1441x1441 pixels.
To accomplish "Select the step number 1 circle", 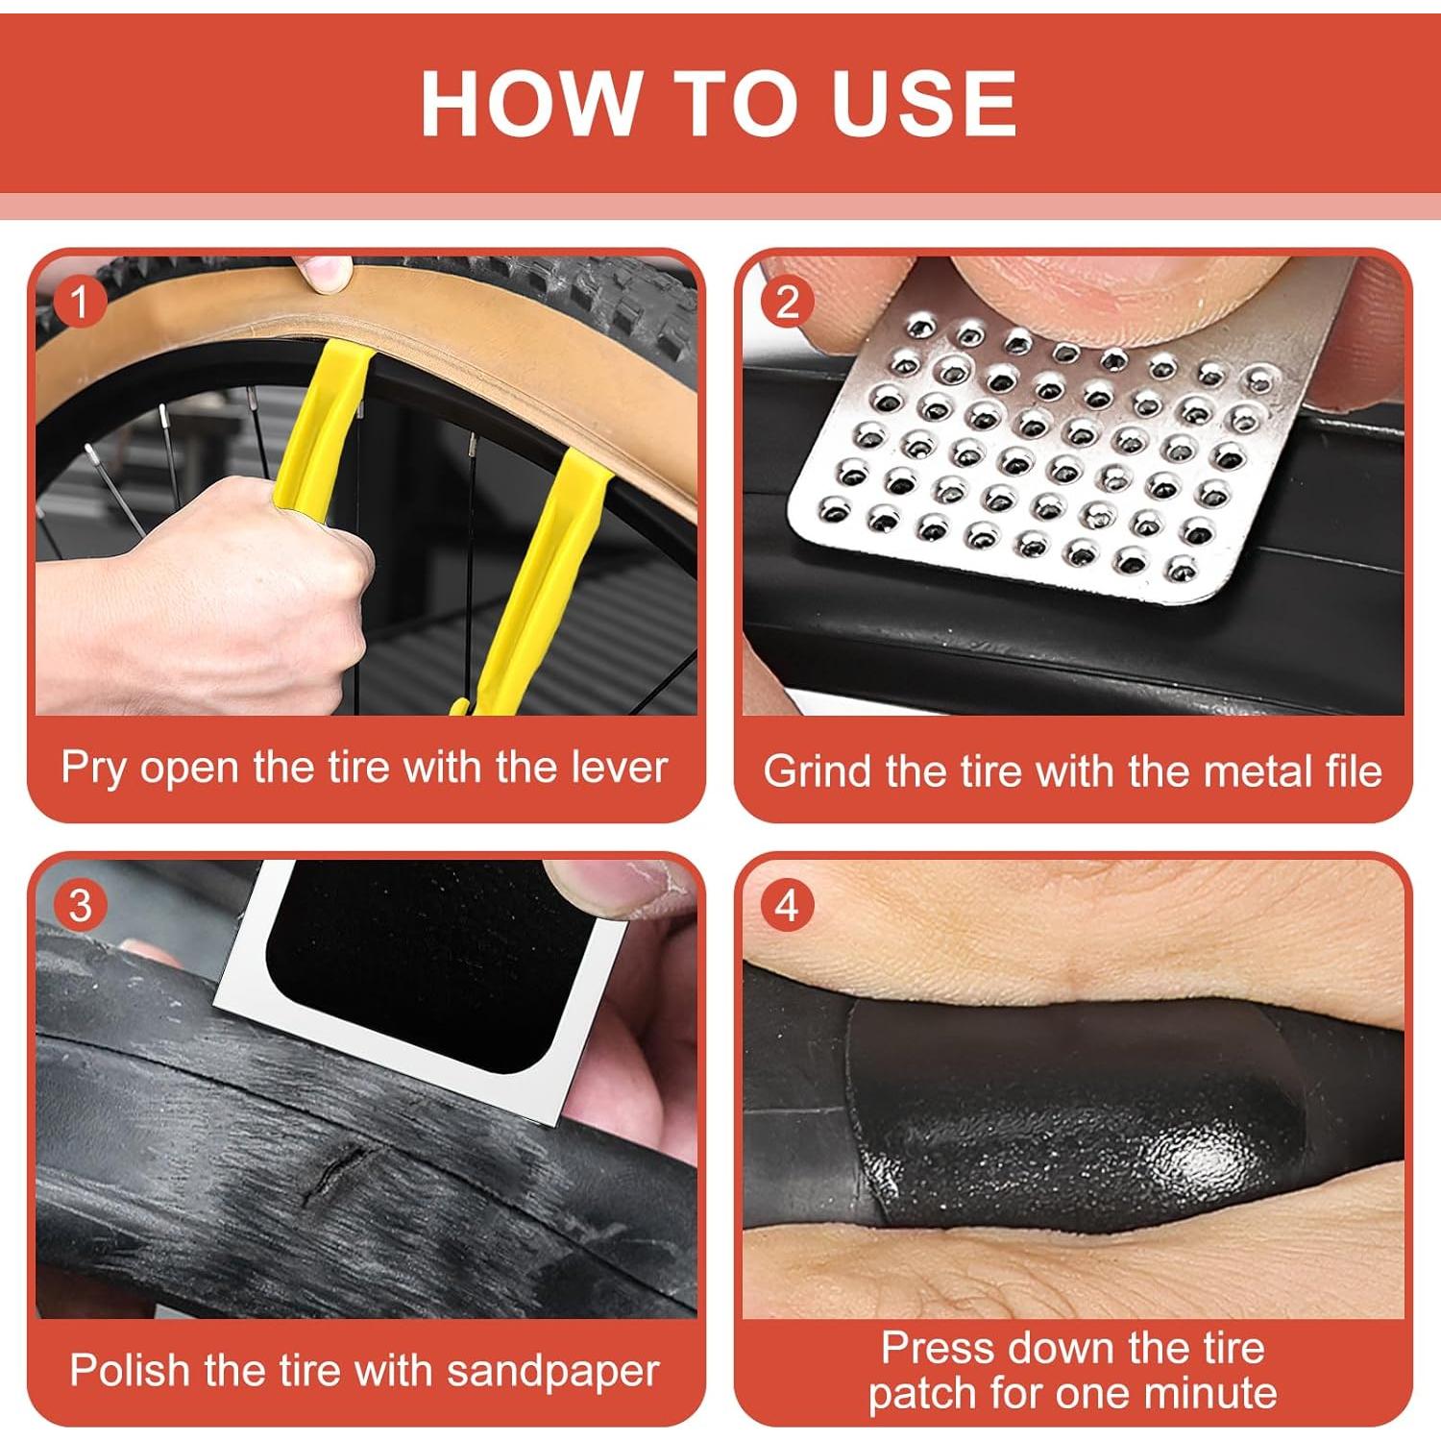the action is tap(79, 302).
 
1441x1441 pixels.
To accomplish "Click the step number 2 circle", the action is tap(787, 302).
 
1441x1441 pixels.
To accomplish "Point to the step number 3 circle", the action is tap(80, 906).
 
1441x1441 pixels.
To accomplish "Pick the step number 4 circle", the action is tap(787, 906).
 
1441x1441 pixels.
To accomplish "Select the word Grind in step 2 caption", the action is tap(819, 771).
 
